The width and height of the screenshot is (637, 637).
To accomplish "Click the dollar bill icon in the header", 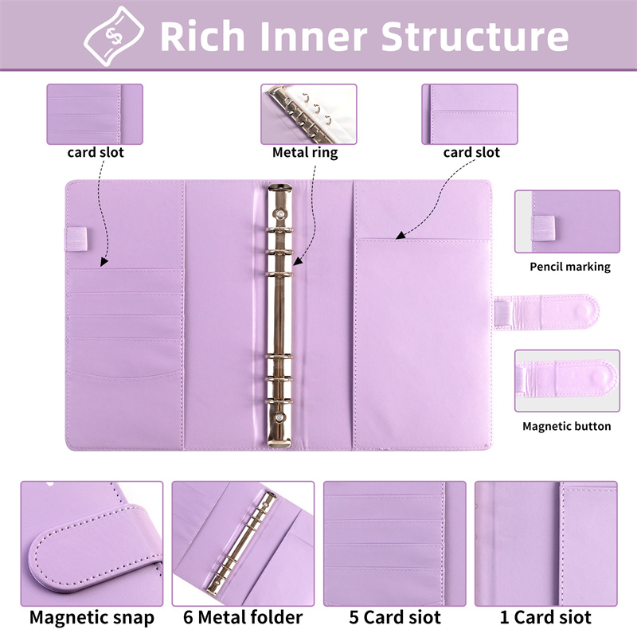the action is pyautogui.click(x=114, y=36).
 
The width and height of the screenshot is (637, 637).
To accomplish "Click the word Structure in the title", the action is pyautogui.click(x=475, y=36).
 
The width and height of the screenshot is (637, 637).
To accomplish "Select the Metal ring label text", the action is pyautogui.click(x=305, y=152).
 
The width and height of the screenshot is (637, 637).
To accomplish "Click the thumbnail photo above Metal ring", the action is pyautogui.click(x=309, y=114).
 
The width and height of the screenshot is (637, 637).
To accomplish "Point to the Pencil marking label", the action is pyautogui.click(x=570, y=267).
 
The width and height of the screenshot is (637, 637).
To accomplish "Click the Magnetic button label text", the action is pyautogui.click(x=567, y=426).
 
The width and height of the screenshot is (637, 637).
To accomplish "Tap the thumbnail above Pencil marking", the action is pyautogui.click(x=567, y=221).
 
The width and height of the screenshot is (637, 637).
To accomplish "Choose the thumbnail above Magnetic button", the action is pyautogui.click(x=567, y=381).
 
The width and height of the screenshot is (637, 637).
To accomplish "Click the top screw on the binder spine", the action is pyautogui.click(x=280, y=213).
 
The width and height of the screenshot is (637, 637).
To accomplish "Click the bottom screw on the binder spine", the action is pyautogui.click(x=279, y=417).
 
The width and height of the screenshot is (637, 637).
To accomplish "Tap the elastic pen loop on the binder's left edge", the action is pyautogui.click(x=76, y=238).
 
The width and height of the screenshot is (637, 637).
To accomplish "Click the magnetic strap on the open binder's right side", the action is pyautogui.click(x=546, y=312).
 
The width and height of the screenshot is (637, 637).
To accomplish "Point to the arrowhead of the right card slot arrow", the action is pyautogui.click(x=401, y=235).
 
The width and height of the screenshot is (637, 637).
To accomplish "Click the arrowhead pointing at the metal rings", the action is pyautogui.click(x=297, y=262).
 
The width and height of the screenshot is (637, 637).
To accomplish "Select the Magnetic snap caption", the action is pyautogui.click(x=92, y=619).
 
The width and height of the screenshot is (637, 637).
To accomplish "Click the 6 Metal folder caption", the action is pyautogui.click(x=243, y=618).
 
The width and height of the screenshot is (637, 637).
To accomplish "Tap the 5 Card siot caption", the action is pyautogui.click(x=395, y=618).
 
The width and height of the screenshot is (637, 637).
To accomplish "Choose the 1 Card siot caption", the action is pyautogui.click(x=545, y=618).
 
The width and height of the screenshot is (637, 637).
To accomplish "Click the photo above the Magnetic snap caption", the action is pyautogui.click(x=92, y=544).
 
